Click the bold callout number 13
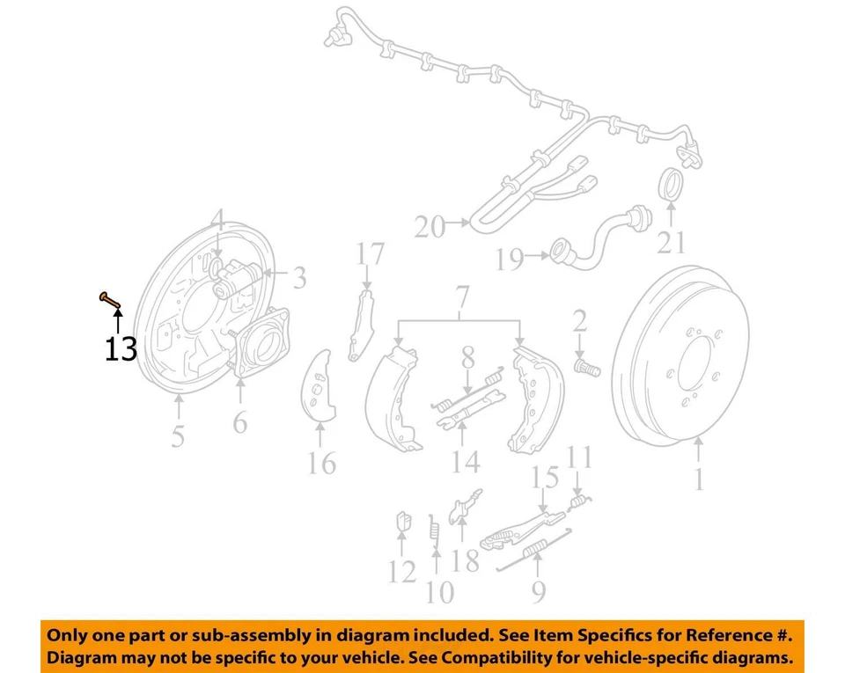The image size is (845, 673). [x=121, y=350]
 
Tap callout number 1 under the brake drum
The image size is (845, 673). [x=700, y=479]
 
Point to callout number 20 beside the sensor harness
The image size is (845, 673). [x=430, y=228]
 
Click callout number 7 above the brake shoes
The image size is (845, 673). [x=462, y=300]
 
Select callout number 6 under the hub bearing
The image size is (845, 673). [x=240, y=422]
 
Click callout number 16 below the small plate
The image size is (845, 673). [x=322, y=462]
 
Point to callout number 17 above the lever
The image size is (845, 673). [x=371, y=255]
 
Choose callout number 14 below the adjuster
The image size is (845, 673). [x=466, y=460]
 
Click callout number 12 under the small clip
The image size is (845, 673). [x=402, y=572]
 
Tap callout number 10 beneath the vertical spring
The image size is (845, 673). [x=439, y=591]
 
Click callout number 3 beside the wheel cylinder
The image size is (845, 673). [x=300, y=280]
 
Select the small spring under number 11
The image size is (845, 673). [x=577, y=502]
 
